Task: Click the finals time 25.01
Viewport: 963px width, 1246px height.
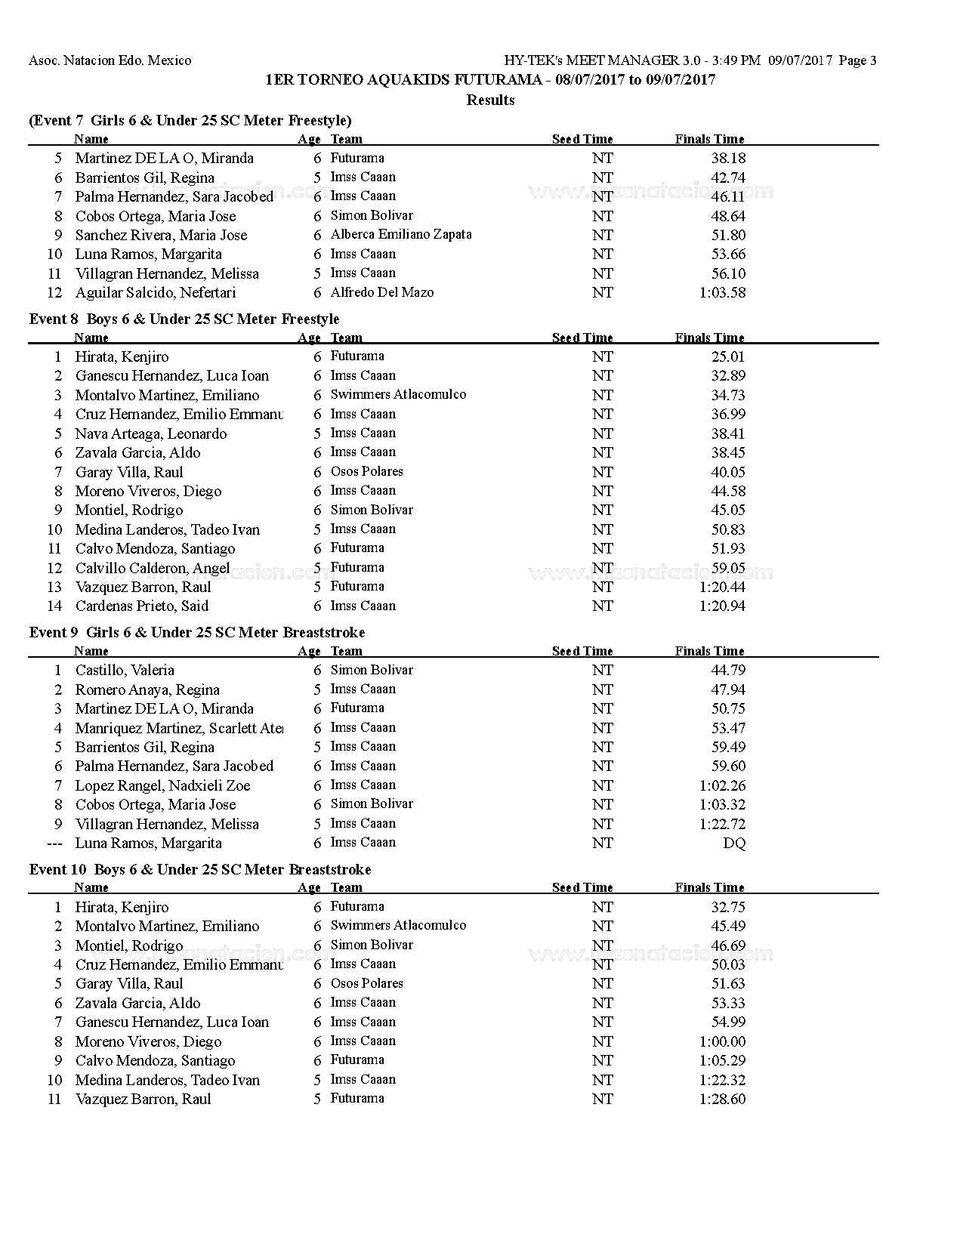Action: [727, 356]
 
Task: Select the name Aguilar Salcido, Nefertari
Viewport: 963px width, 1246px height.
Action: [155, 292]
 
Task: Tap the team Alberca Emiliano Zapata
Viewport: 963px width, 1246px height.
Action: [400, 234]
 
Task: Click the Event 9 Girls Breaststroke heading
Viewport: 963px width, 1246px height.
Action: [196, 632]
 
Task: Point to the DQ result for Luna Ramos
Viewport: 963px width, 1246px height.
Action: [733, 843]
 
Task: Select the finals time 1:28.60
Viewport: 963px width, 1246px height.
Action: [722, 1099]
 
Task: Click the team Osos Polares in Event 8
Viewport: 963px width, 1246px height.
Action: [366, 471]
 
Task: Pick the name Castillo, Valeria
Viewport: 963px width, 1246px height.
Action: [125, 670]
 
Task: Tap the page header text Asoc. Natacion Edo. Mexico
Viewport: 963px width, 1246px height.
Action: [110, 60]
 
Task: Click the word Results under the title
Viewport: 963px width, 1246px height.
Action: [490, 100]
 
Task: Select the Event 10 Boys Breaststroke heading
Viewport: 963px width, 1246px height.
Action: [200, 869]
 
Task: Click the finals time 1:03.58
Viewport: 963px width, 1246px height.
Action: [722, 292]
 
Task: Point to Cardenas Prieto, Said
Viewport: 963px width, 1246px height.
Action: [141, 606]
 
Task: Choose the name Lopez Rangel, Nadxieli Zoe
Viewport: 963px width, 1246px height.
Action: [162, 785]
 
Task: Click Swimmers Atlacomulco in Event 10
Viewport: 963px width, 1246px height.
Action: [398, 925]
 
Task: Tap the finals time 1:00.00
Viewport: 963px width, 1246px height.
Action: [722, 1041]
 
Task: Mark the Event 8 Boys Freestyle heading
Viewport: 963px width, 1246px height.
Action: [184, 319]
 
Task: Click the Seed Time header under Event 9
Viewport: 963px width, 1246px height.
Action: [582, 651]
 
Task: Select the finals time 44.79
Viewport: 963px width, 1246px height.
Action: [727, 670]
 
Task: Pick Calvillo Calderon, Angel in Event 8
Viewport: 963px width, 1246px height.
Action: [152, 568]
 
